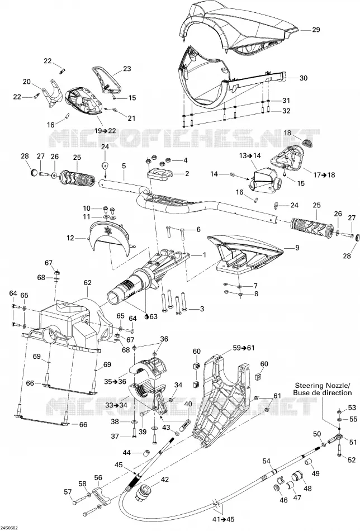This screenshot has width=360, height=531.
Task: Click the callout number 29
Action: pyautogui.click(x=316, y=30)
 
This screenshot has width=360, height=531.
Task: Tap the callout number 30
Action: pyautogui.click(x=304, y=78)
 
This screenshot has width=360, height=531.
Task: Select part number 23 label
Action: pyautogui.click(x=127, y=69)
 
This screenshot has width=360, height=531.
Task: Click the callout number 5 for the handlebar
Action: pyautogui.click(x=124, y=166)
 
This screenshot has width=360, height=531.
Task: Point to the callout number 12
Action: pyautogui.click(x=70, y=238)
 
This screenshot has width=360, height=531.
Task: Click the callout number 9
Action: pyautogui.click(x=297, y=248)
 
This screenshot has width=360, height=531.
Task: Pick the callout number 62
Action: pyautogui.click(x=88, y=282)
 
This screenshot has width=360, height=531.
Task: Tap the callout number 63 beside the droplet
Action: pyautogui.click(x=153, y=316)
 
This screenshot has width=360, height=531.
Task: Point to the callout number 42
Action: pyautogui.click(x=164, y=480)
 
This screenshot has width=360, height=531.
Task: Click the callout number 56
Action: pyautogui.click(x=98, y=478)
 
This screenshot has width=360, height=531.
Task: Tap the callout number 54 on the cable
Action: pyautogui.click(x=267, y=461)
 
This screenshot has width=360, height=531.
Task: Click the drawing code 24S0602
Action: pyautogui.click(x=10, y=528)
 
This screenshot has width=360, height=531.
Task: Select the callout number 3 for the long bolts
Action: pyautogui.click(x=202, y=309)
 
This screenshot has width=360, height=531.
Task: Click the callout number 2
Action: pyautogui.click(x=187, y=174)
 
